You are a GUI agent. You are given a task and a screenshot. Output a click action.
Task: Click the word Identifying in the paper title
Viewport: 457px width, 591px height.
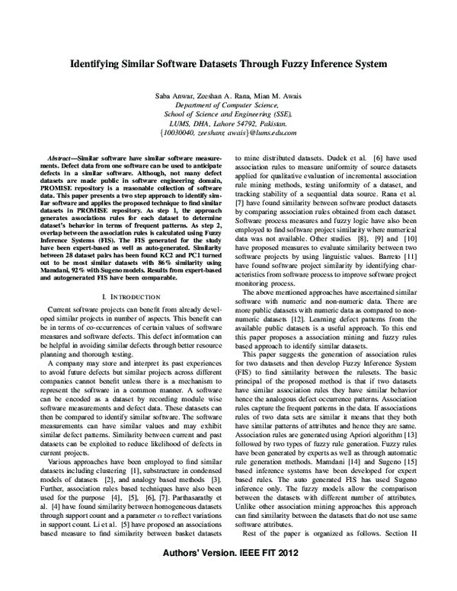point(99,66)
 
